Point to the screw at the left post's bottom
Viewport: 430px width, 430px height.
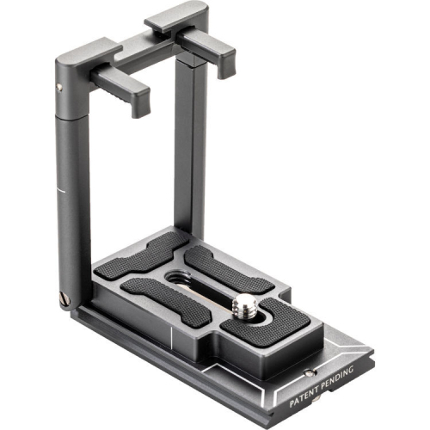65,298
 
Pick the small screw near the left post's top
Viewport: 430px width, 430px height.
59,87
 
